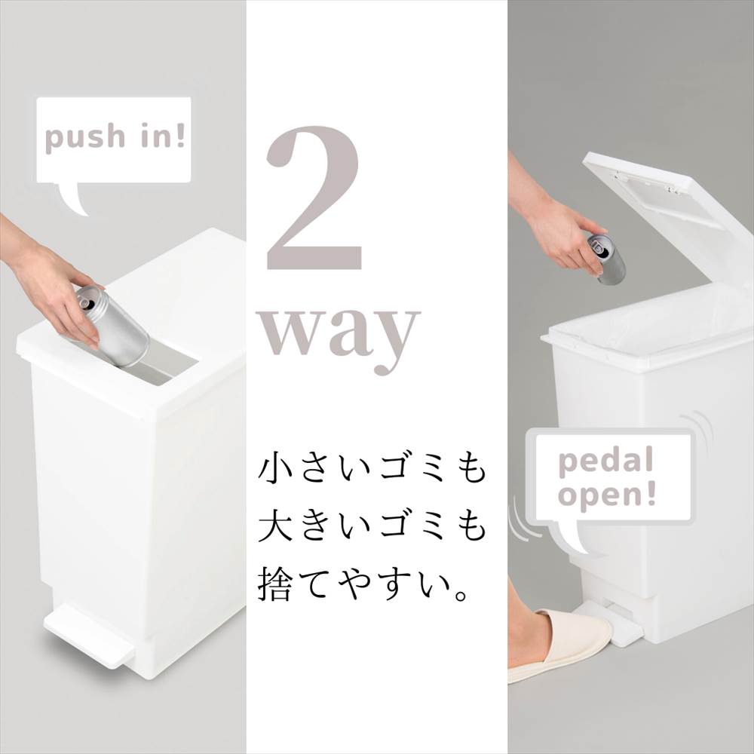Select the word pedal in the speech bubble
tap(606, 461)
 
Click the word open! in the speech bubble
tap(607, 495)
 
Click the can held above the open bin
tap(607, 257)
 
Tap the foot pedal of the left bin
tap(89, 632)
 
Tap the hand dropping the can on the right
tap(558, 231)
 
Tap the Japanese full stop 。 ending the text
tap(461, 595)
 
